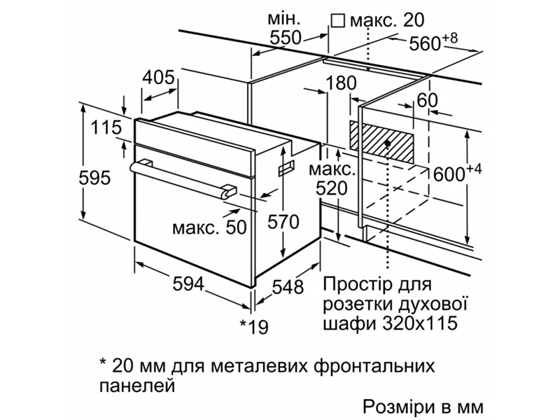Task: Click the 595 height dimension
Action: pyautogui.click(x=94, y=178)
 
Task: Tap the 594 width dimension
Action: pyautogui.click(x=188, y=284)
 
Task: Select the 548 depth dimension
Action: pyautogui.click(x=288, y=287)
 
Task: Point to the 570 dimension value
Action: pyautogui.click(x=283, y=222)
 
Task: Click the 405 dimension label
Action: pyautogui.click(x=159, y=77)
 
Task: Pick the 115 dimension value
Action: pyautogui.click(x=106, y=127)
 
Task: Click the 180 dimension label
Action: pyautogui.click(x=341, y=83)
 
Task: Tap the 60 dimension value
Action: pyautogui.click(x=427, y=100)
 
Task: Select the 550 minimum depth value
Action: pyautogui.click(x=286, y=38)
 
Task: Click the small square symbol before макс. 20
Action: pyautogui.click(x=337, y=21)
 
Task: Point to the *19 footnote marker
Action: pyautogui.click(x=254, y=326)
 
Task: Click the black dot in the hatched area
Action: pyautogui.click(x=388, y=143)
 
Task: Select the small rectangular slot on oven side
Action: pyautogui.click(x=287, y=167)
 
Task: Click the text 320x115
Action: pyautogui.click(x=419, y=323)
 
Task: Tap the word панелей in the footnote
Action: pyautogui.click(x=137, y=386)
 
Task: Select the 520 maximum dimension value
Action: pyautogui.click(x=331, y=188)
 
